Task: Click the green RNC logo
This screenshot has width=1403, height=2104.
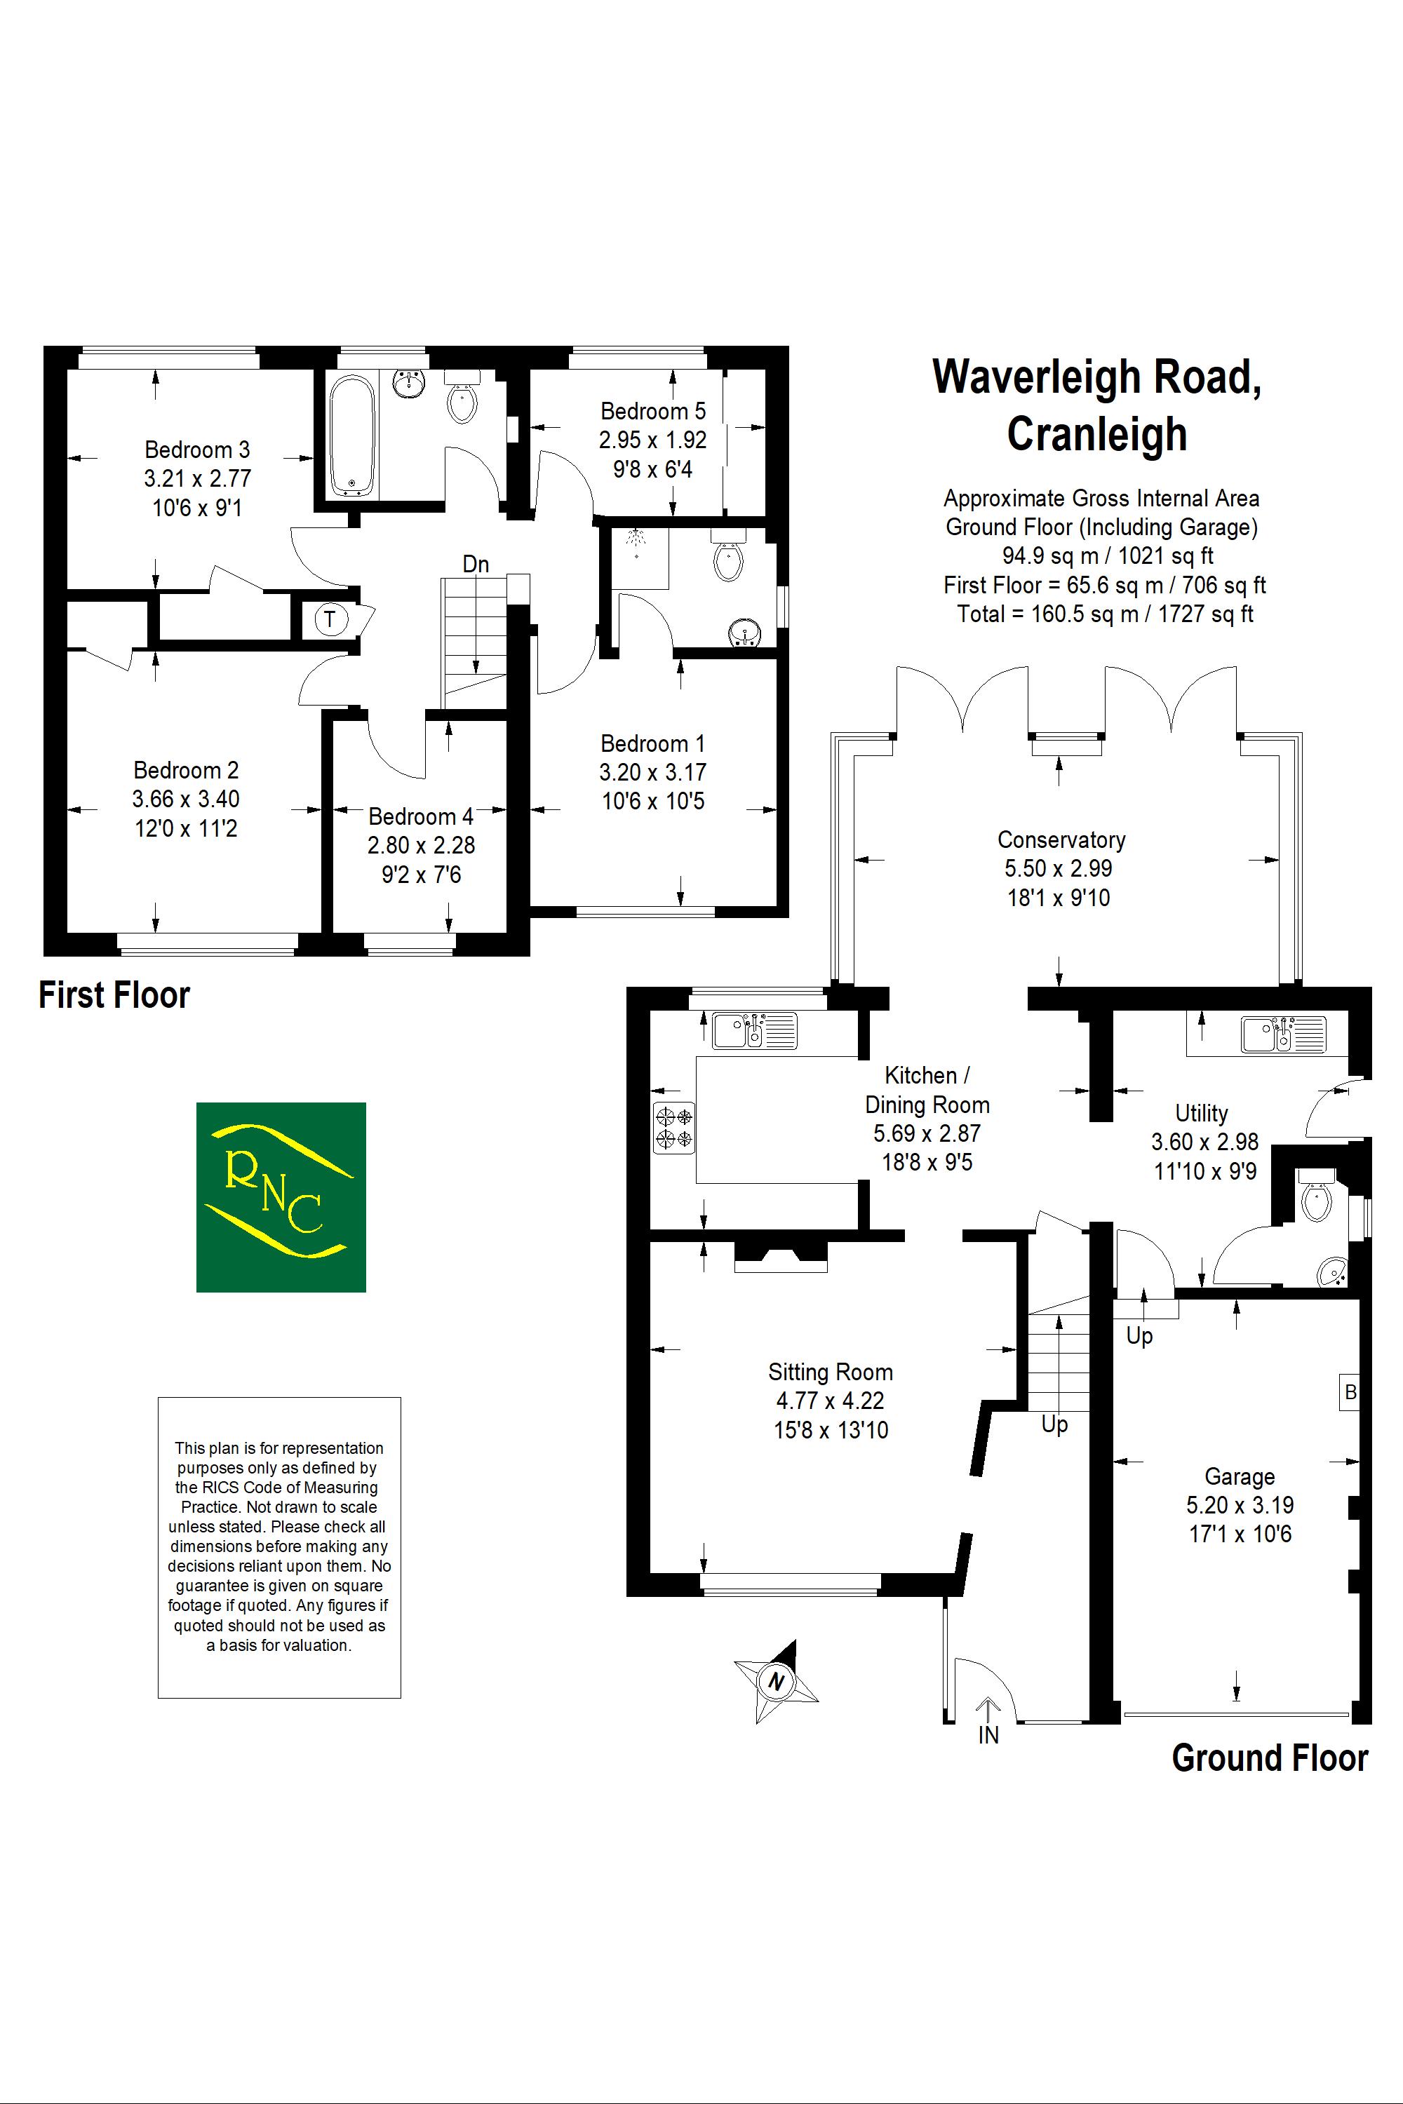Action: (281, 1197)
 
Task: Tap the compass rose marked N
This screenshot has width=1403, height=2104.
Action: (776, 1681)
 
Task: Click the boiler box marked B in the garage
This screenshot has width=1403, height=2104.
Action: (1349, 1392)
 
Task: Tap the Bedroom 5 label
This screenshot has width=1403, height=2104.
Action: (653, 412)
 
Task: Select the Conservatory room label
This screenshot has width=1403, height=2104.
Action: (1061, 840)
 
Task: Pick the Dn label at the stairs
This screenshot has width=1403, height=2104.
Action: (476, 565)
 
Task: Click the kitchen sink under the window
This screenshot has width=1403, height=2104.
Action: (754, 1030)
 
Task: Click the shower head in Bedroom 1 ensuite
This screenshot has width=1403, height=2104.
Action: (636, 539)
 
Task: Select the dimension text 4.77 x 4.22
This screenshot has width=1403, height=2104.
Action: (831, 1401)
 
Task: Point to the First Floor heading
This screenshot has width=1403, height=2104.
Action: (114, 996)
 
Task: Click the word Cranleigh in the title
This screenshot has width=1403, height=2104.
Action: (1097, 435)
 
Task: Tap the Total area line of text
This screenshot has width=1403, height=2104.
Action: (1105, 614)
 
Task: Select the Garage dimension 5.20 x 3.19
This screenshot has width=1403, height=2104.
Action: (1240, 1506)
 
